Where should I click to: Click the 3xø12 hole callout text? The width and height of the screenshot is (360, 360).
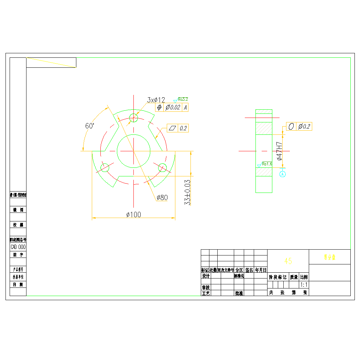[x=156, y=100]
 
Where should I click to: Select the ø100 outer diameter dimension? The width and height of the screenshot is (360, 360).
[x=134, y=215]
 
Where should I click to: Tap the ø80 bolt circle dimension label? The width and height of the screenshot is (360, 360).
[x=162, y=197]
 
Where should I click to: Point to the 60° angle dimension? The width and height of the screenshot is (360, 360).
[x=90, y=126]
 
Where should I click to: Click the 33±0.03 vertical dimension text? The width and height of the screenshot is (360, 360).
[x=187, y=192]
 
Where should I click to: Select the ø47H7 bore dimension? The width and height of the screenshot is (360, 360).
[x=280, y=151]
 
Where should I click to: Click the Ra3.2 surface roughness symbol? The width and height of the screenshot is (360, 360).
[x=182, y=99]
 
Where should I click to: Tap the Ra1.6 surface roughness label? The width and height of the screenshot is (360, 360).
[x=266, y=164]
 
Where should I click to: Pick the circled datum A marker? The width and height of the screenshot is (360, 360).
[x=283, y=174]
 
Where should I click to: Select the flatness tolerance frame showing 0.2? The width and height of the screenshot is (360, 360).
[x=177, y=128]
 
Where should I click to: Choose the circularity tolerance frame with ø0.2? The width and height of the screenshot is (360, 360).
[x=299, y=127]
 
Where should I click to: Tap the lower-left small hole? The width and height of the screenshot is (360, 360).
[x=105, y=168]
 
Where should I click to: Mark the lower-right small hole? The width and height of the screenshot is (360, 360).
[x=162, y=168]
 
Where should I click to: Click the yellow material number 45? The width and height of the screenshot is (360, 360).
[x=288, y=261]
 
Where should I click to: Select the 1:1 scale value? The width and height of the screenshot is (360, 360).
[x=304, y=285]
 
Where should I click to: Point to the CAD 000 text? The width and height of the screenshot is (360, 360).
[x=18, y=247]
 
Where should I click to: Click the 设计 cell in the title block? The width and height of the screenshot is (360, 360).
[x=206, y=276]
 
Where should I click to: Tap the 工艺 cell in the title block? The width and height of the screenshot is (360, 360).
[x=206, y=293]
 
